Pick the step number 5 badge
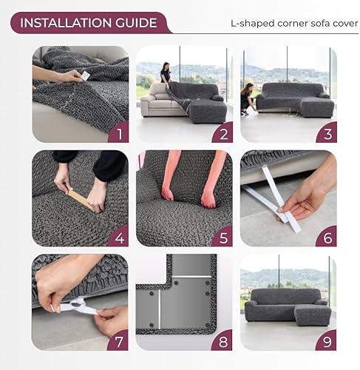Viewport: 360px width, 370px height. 221,236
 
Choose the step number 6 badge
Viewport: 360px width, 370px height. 326,236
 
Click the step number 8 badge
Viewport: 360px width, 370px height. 221,340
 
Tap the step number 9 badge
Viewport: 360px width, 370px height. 326,340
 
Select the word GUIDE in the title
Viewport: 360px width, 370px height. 139,22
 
